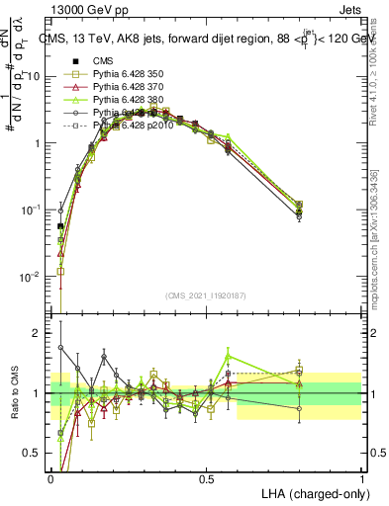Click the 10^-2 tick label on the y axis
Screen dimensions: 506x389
(x=30, y=277)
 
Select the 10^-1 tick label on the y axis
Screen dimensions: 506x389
(x=30, y=210)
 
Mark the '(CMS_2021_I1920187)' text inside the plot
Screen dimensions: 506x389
(x=206, y=297)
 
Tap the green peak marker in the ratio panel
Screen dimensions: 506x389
(x=229, y=357)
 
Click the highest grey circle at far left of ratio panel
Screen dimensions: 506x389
(x=60, y=347)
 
